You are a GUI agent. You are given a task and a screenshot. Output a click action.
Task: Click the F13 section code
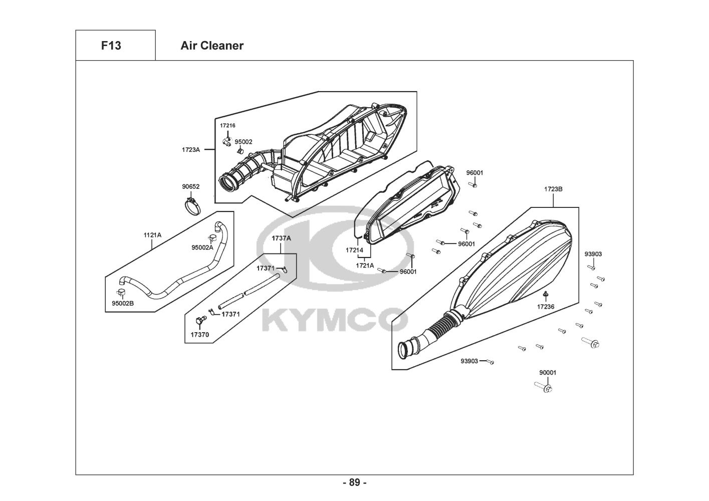(111, 46)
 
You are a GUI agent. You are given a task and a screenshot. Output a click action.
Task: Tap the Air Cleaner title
(212, 46)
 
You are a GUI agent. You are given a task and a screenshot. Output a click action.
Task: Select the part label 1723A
(191, 150)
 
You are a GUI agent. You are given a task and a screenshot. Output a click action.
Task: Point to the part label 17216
(227, 125)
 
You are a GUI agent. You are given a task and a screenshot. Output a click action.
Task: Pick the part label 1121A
(152, 235)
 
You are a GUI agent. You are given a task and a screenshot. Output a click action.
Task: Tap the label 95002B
(123, 303)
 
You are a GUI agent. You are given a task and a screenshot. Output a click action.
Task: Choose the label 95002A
(202, 247)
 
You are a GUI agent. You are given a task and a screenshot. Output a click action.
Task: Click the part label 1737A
(281, 238)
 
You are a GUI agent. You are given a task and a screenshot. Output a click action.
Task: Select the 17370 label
(200, 335)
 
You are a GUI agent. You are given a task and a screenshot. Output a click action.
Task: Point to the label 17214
(355, 250)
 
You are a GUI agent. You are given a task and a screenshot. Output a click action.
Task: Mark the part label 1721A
(365, 266)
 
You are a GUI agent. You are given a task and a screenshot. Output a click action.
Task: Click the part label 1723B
(553, 189)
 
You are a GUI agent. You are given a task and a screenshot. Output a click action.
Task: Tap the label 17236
(546, 306)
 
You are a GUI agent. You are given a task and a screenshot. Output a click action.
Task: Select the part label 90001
(548, 373)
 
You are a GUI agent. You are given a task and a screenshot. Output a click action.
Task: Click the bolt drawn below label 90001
(544, 387)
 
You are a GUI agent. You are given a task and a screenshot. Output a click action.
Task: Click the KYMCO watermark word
(335, 320)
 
